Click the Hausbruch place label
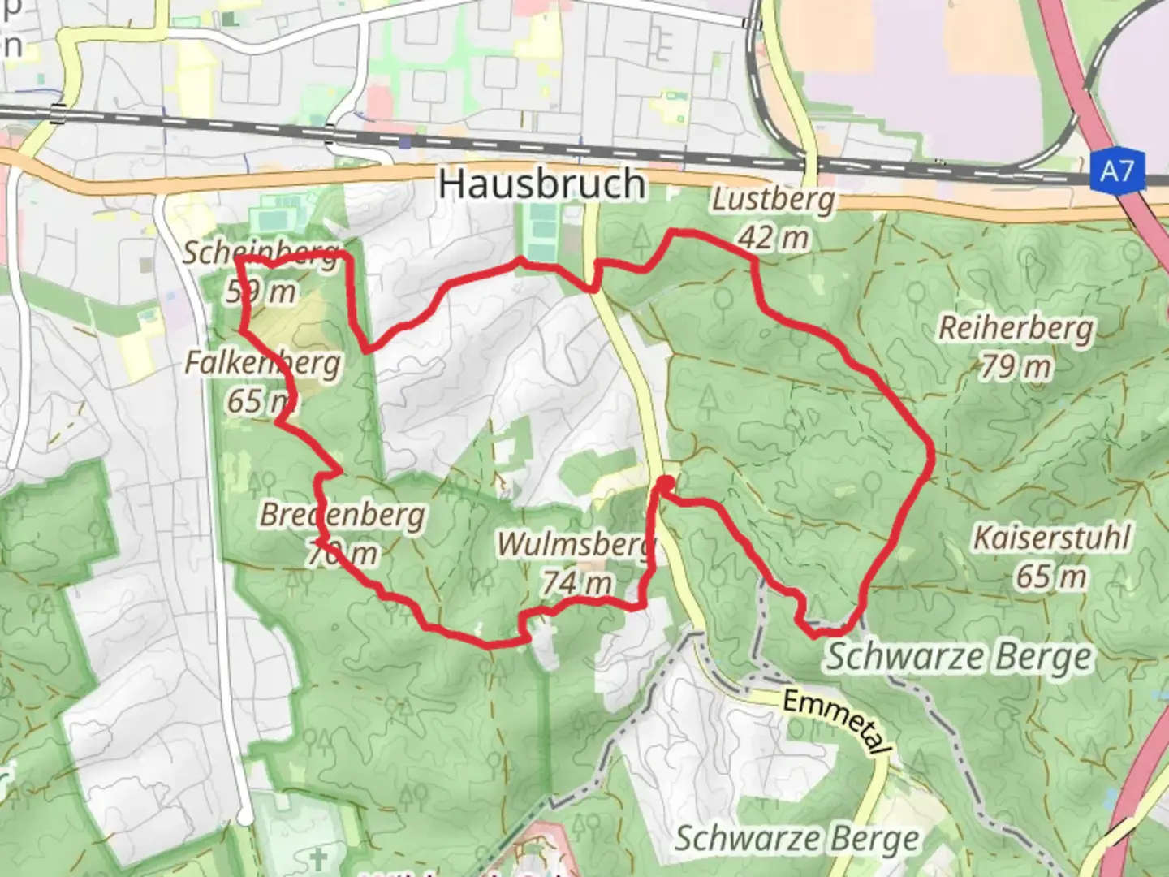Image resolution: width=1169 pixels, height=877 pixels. pyautogui.click(x=542, y=184)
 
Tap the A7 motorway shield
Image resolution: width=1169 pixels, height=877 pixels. pyautogui.click(x=1117, y=171)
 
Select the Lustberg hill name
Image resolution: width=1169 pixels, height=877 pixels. pyautogui.click(x=773, y=199)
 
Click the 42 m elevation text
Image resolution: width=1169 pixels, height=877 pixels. pyautogui.click(x=774, y=237)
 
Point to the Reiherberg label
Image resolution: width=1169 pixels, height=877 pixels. pyautogui.click(x=1016, y=329)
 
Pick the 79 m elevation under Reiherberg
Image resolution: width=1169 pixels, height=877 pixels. pyautogui.click(x=1016, y=367)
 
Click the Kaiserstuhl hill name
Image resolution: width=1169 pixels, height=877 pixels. pyautogui.click(x=1051, y=538)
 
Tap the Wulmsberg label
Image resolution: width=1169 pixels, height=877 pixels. pyautogui.click(x=576, y=544)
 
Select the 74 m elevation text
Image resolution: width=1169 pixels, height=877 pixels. pyautogui.click(x=576, y=582)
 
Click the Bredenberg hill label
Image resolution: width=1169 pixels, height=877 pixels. pyautogui.click(x=342, y=515)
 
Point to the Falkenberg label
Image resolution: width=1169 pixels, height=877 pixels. pyautogui.click(x=262, y=362)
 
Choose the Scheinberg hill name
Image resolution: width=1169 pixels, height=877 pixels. pyautogui.click(x=260, y=253)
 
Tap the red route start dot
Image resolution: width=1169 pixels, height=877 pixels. pyautogui.click(x=665, y=485)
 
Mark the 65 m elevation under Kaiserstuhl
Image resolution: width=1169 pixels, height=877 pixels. pyautogui.click(x=1051, y=577)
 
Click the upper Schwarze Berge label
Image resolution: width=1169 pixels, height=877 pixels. pyautogui.click(x=959, y=657)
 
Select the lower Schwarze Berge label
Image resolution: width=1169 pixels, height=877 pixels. pyautogui.click(x=797, y=839)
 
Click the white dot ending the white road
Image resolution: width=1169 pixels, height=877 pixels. pyautogui.click(x=244, y=816)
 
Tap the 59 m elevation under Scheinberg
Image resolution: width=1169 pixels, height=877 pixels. pyautogui.click(x=261, y=291)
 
